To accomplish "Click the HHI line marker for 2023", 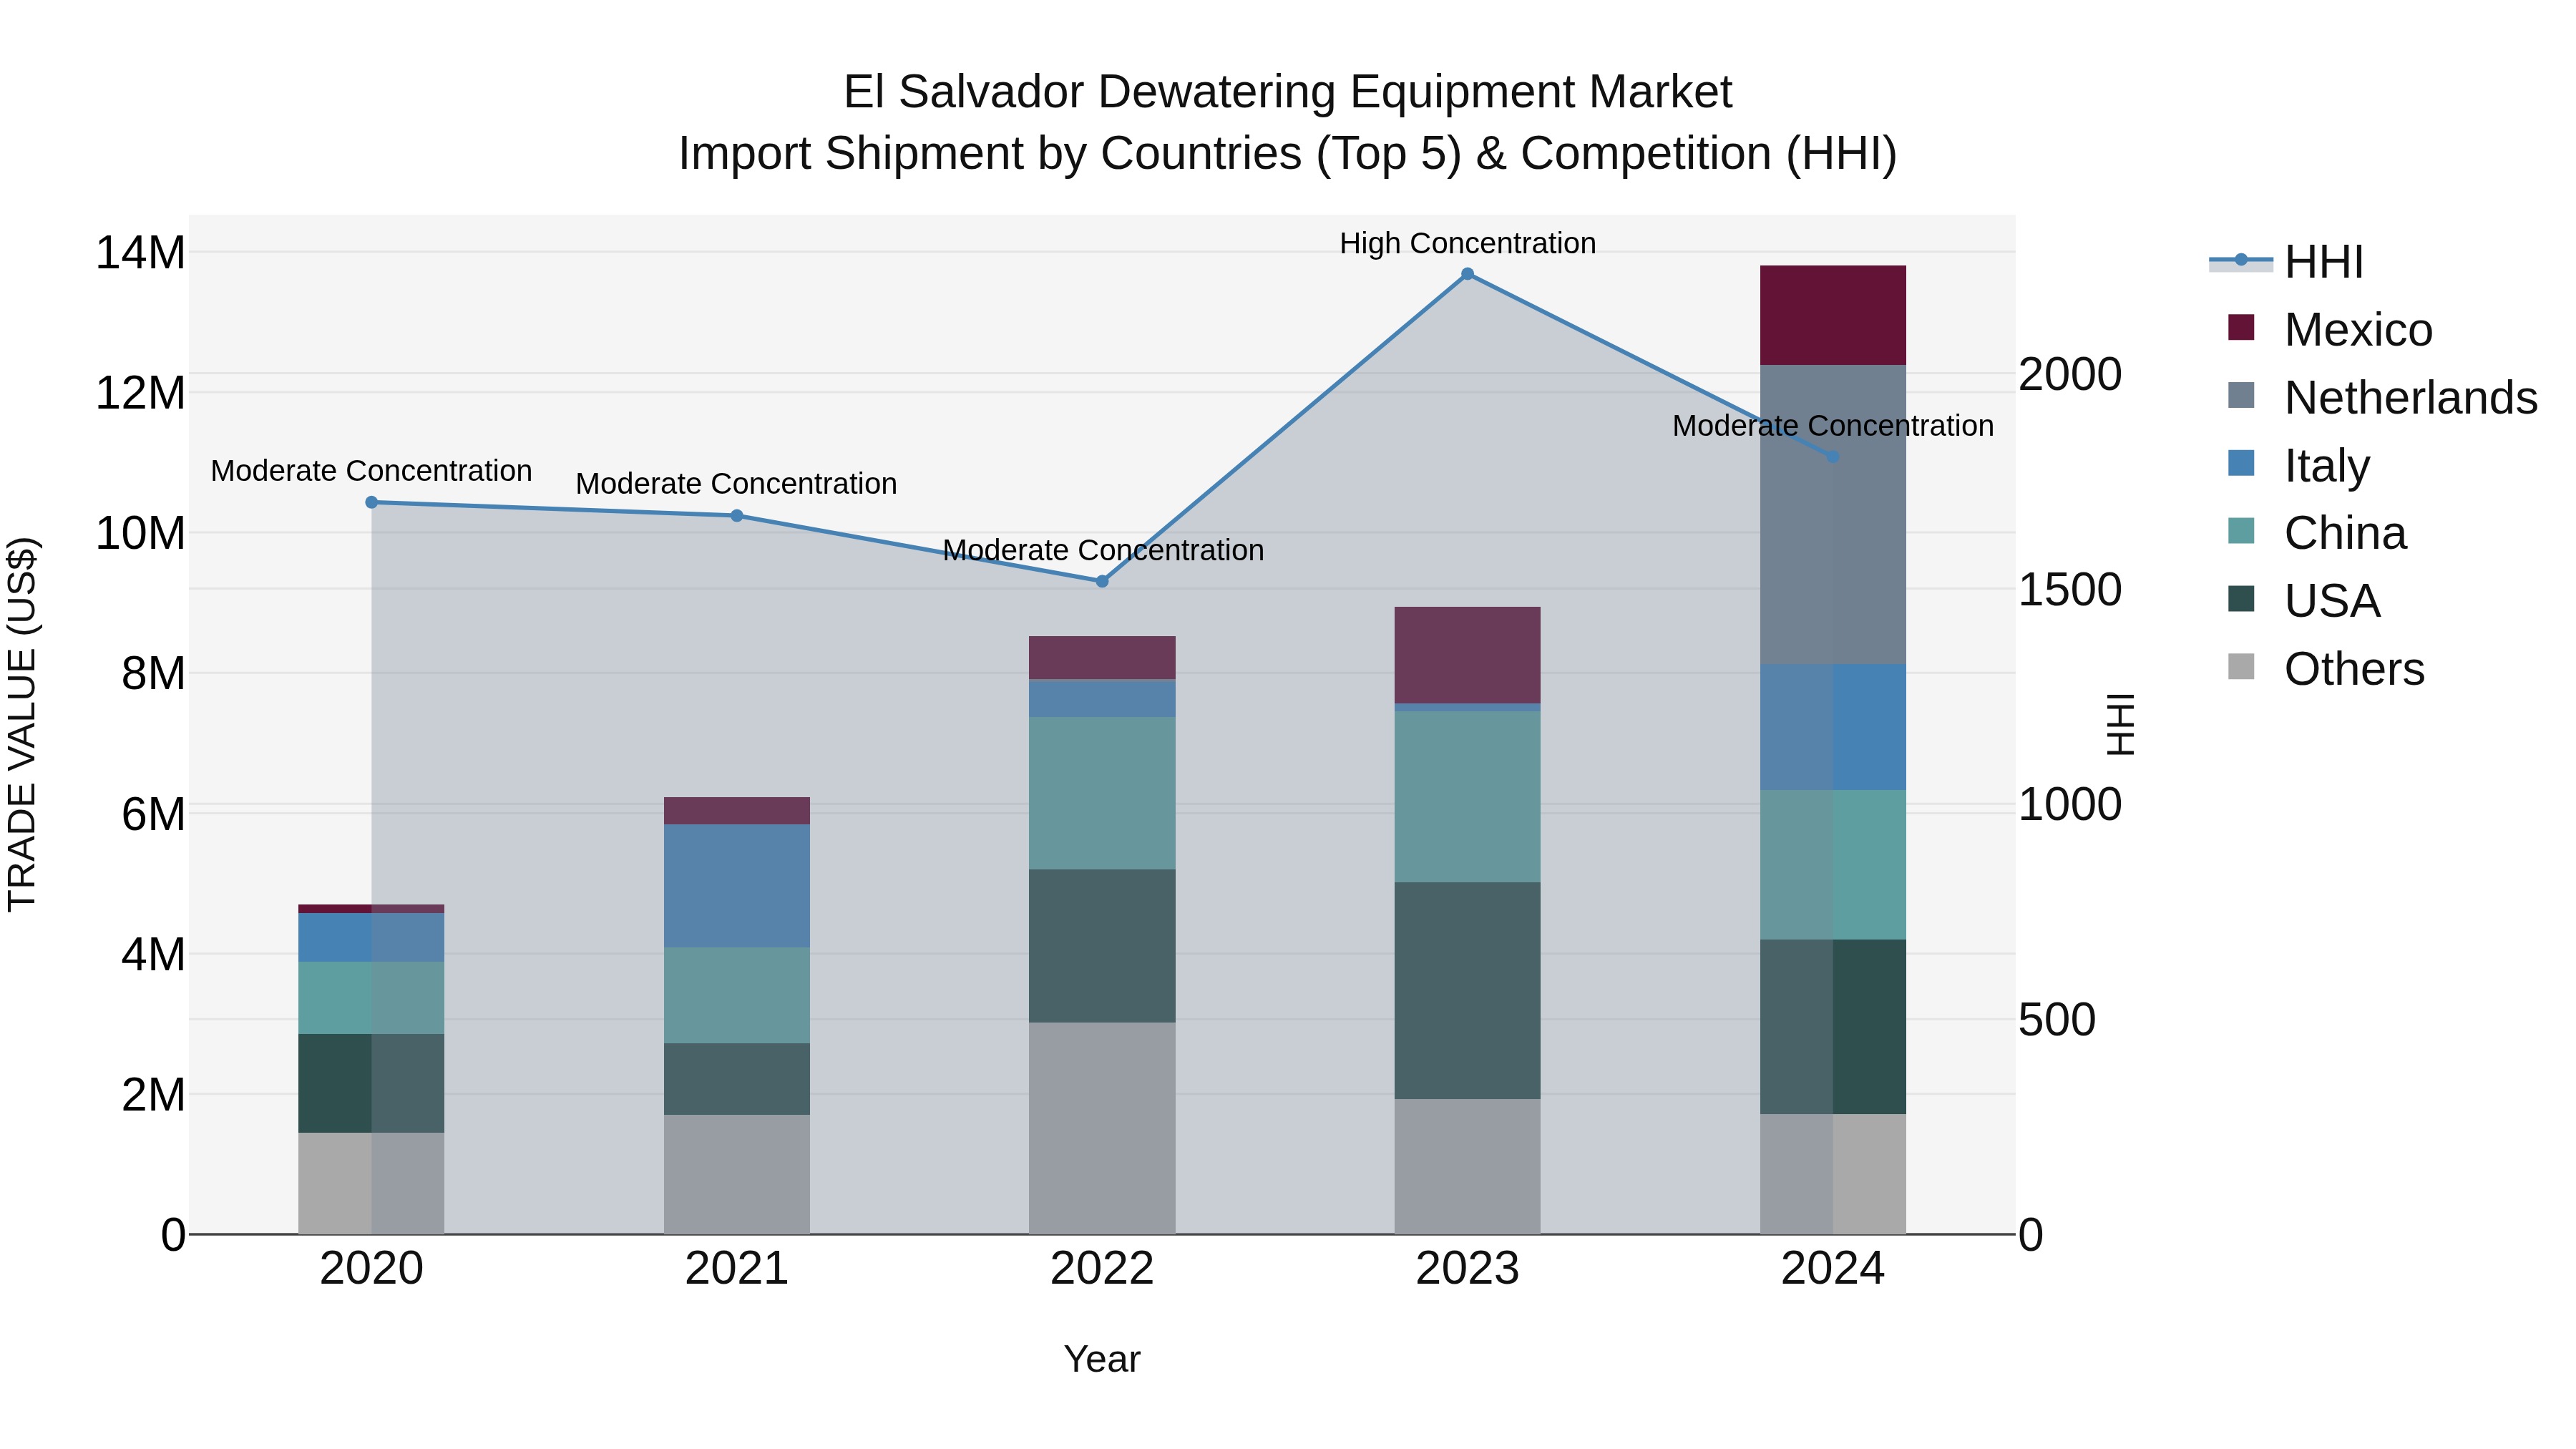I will click(x=1467, y=274).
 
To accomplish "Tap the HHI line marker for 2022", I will click(x=1102, y=581).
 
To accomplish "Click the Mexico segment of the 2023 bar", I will click(x=1467, y=655).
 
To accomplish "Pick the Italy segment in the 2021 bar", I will click(x=736, y=885).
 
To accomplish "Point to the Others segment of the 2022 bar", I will click(x=1102, y=1127).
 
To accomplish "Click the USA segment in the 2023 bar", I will click(x=1467, y=990).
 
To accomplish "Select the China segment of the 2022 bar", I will click(x=1102, y=792).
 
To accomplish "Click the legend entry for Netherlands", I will click(x=2410, y=398).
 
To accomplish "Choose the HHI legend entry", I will click(x=2323, y=262).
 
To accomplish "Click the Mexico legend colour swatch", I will click(x=2241, y=328).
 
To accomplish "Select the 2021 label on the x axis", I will click(x=736, y=1269).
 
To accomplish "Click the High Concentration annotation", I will click(x=1467, y=243).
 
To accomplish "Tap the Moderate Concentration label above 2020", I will click(x=371, y=470).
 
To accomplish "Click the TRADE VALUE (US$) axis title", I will click(x=22, y=724).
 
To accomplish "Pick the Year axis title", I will click(x=1102, y=1359).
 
